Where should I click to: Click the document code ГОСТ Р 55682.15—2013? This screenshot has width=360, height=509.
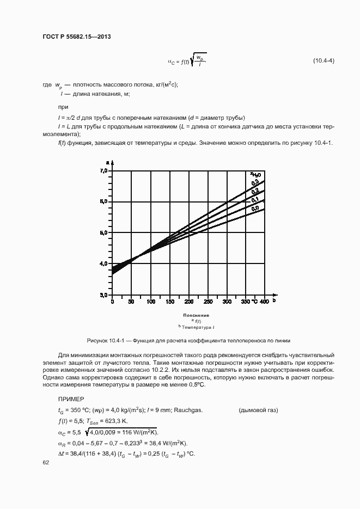[x=77, y=37]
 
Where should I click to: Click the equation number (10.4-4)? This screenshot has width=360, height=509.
[x=323, y=60]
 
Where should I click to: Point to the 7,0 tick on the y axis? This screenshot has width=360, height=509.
[x=103, y=171]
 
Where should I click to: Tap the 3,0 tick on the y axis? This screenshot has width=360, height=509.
[x=103, y=295]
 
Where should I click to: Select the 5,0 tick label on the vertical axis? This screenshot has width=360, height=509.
[x=103, y=232]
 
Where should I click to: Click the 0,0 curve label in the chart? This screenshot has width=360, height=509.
[x=255, y=208]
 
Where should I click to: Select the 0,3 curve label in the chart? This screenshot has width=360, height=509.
[x=255, y=183]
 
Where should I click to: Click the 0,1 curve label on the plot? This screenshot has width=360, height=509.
[x=255, y=200]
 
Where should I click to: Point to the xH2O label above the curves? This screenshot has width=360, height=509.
[x=256, y=174]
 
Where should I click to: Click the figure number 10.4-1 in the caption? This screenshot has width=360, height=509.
[x=113, y=339]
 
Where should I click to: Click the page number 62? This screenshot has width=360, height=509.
[x=46, y=462]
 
